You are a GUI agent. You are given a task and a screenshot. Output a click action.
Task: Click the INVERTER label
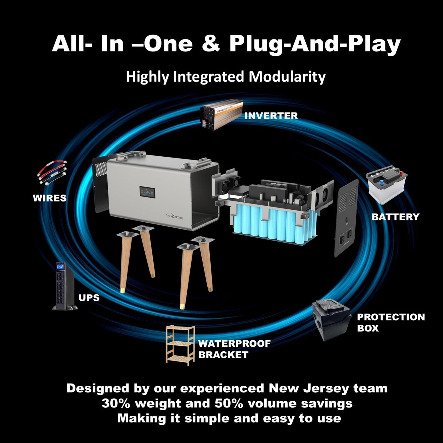click(x=271, y=116)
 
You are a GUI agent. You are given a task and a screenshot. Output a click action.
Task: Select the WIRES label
click(x=50, y=198)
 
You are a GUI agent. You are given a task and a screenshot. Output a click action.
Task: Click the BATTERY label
click(x=396, y=217)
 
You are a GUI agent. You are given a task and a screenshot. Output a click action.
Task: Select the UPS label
click(x=89, y=298)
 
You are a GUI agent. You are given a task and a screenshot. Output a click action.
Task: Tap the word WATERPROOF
click(x=235, y=344)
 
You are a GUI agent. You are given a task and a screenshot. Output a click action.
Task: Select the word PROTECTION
click(x=391, y=317)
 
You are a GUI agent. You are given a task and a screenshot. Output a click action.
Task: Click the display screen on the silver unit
click(x=147, y=192)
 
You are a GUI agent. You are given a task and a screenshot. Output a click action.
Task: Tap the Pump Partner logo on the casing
click(x=174, y=216)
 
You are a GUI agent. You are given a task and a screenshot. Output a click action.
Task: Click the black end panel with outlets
click(x=346, y=218)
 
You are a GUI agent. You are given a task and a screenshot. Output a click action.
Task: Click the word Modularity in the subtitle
click(x=287, y=77)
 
